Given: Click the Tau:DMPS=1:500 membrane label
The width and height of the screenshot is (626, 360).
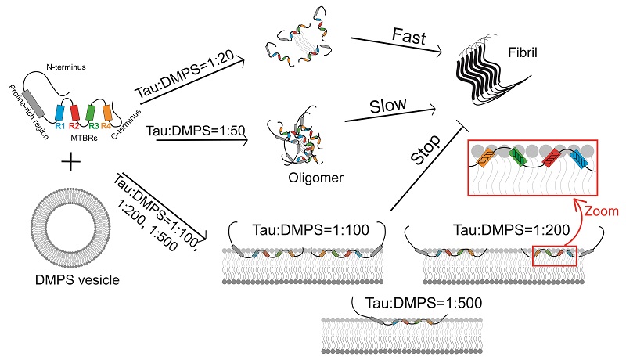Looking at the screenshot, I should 405,301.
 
